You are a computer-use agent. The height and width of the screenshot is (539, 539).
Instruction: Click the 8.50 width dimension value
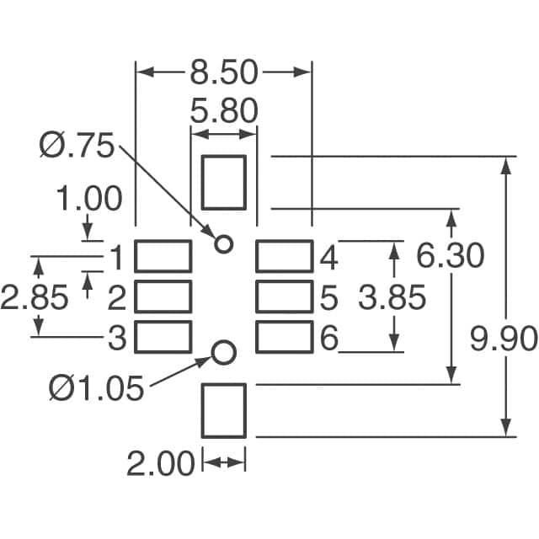(x=223, y=72)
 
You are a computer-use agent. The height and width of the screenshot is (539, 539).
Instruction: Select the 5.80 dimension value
(x=223, y=111)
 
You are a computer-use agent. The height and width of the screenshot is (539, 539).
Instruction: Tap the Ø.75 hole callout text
(x=76, y=147)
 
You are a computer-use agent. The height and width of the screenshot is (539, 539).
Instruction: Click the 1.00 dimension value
(x=89, y=200)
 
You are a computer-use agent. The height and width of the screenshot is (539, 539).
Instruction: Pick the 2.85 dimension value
(x=34, y=297)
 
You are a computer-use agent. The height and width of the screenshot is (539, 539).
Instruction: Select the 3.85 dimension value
(x=392, y=297)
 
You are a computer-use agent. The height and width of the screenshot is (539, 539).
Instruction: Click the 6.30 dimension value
(x=451, y=254)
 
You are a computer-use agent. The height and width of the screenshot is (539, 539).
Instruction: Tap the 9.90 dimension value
(x=504, y=339)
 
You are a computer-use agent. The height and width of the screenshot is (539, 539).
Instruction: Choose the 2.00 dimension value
(x=160, y=463)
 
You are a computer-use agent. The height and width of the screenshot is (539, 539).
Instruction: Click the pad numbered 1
(x=163, y=256)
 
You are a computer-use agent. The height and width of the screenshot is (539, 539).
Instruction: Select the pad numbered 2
(x=163, y=296)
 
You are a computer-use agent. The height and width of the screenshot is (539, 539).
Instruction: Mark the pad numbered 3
(x=163, y=337)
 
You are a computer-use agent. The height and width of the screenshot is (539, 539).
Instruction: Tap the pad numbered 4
(x=284, y=256)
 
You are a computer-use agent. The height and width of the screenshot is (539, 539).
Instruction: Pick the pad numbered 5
(x=284, y=296)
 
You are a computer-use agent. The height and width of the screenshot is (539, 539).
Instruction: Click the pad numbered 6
(x=284, y=337)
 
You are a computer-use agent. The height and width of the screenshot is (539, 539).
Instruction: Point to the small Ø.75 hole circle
(x=223, y=244)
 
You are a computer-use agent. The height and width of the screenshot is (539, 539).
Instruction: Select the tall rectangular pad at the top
(x=224, y=182)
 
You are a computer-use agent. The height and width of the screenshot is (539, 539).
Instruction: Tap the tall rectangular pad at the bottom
(x=224, y=411)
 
